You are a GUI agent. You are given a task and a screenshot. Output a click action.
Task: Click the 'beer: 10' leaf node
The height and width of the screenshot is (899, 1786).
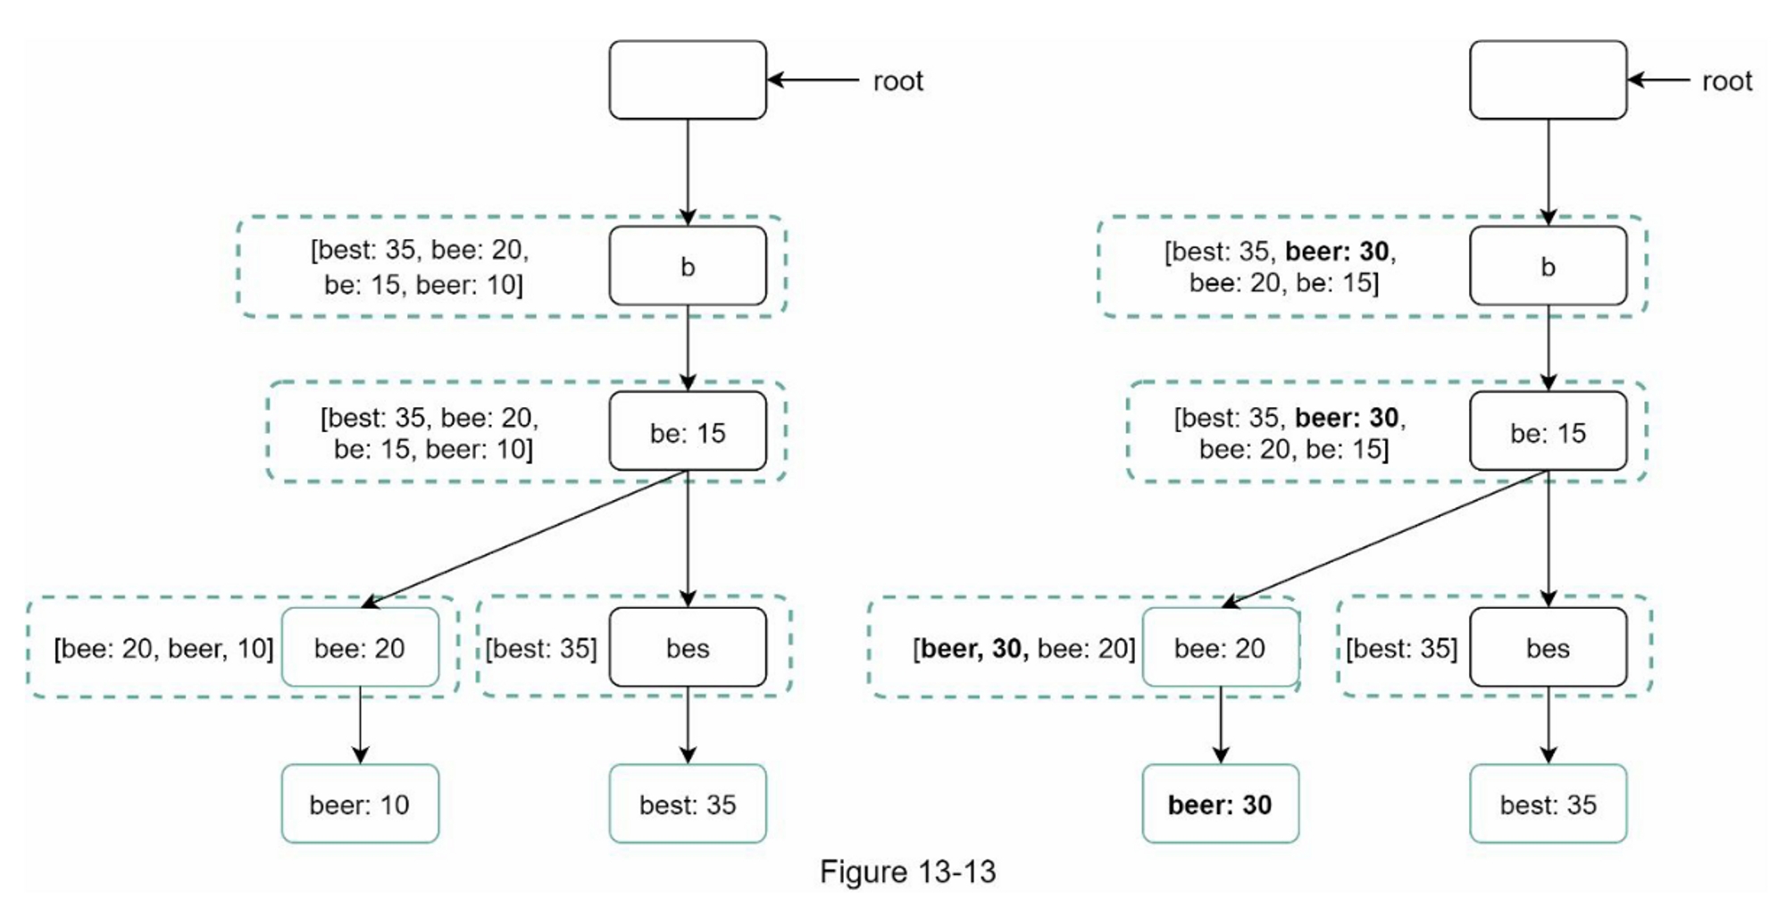(x=360, y=803)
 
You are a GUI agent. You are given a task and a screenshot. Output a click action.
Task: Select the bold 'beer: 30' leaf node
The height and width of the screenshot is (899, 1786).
(x=1220, y=803)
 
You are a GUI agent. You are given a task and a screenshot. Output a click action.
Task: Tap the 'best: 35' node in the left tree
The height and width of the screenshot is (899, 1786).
(x=688, y=803)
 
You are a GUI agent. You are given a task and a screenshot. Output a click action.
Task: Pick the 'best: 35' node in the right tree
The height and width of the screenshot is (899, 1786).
(x=1548, y=803)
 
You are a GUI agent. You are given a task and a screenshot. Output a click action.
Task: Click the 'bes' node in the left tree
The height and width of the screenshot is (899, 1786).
(x=688, y=647)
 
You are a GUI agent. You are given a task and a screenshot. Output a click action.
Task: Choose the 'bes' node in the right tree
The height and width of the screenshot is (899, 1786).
(x=1548, y=647)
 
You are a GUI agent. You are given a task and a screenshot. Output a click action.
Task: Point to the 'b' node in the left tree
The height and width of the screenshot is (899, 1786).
(x=688, y=266)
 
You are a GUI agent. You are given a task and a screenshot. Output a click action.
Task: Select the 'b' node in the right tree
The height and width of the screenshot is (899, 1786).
(x=1548, y=266)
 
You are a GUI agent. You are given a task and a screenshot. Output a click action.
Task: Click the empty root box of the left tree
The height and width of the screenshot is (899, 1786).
(x=688, y=80)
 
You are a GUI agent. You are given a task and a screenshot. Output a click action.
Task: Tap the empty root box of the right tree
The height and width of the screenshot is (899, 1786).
(x=1548, y=80)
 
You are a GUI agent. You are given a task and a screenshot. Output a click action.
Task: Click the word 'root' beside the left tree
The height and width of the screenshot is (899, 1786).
(x=897, y=81)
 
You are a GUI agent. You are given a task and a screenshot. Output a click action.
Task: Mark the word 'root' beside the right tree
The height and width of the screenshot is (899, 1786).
(x=1727, y=81)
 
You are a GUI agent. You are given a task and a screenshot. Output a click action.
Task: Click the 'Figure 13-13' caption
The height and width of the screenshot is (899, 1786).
(x=907, y=871)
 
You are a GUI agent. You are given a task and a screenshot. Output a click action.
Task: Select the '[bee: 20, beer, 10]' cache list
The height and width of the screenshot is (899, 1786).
(x=163, y=648)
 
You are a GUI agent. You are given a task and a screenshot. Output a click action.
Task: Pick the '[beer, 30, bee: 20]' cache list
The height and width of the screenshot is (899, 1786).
(x=1023, y=648)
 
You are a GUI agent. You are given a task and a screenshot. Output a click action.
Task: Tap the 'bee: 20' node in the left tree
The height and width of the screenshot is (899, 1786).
(x=360, y=647)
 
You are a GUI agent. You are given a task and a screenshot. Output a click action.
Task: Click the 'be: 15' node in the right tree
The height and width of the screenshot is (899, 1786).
(x=1548, y=432)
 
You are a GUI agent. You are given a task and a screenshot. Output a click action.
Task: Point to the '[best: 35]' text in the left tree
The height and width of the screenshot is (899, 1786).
(x=541, y=648)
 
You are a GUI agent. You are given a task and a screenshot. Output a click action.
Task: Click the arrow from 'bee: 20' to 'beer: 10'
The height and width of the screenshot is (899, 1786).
(x=360, y=725)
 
